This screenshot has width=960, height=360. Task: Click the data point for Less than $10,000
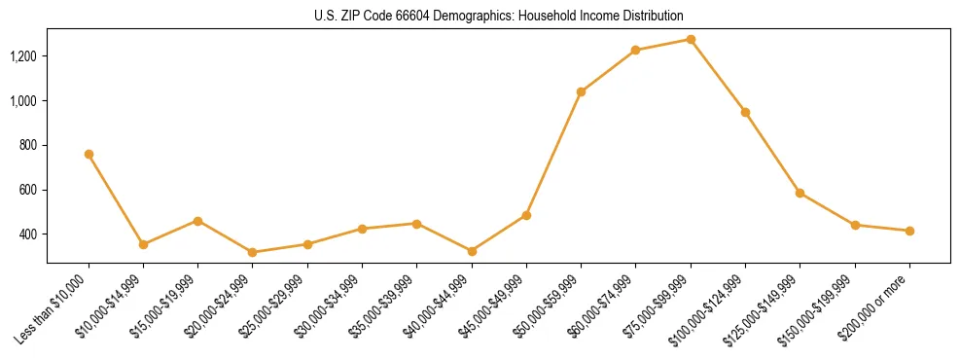pos(89,154)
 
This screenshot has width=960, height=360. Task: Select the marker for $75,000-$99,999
pos(691,39)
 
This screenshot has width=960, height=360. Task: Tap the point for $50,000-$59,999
pos(581,91)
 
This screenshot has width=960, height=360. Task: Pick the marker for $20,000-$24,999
pos(253,252)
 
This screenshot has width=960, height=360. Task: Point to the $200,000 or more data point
pos(909,231)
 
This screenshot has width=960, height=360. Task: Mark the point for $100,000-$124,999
pos(745,112)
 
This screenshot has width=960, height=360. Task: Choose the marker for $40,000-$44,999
pos(472,251)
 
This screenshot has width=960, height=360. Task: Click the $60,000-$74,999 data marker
pos(635,50)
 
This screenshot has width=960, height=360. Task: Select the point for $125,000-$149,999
pos(800,193)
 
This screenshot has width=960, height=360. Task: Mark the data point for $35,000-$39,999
pos(416,224)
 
